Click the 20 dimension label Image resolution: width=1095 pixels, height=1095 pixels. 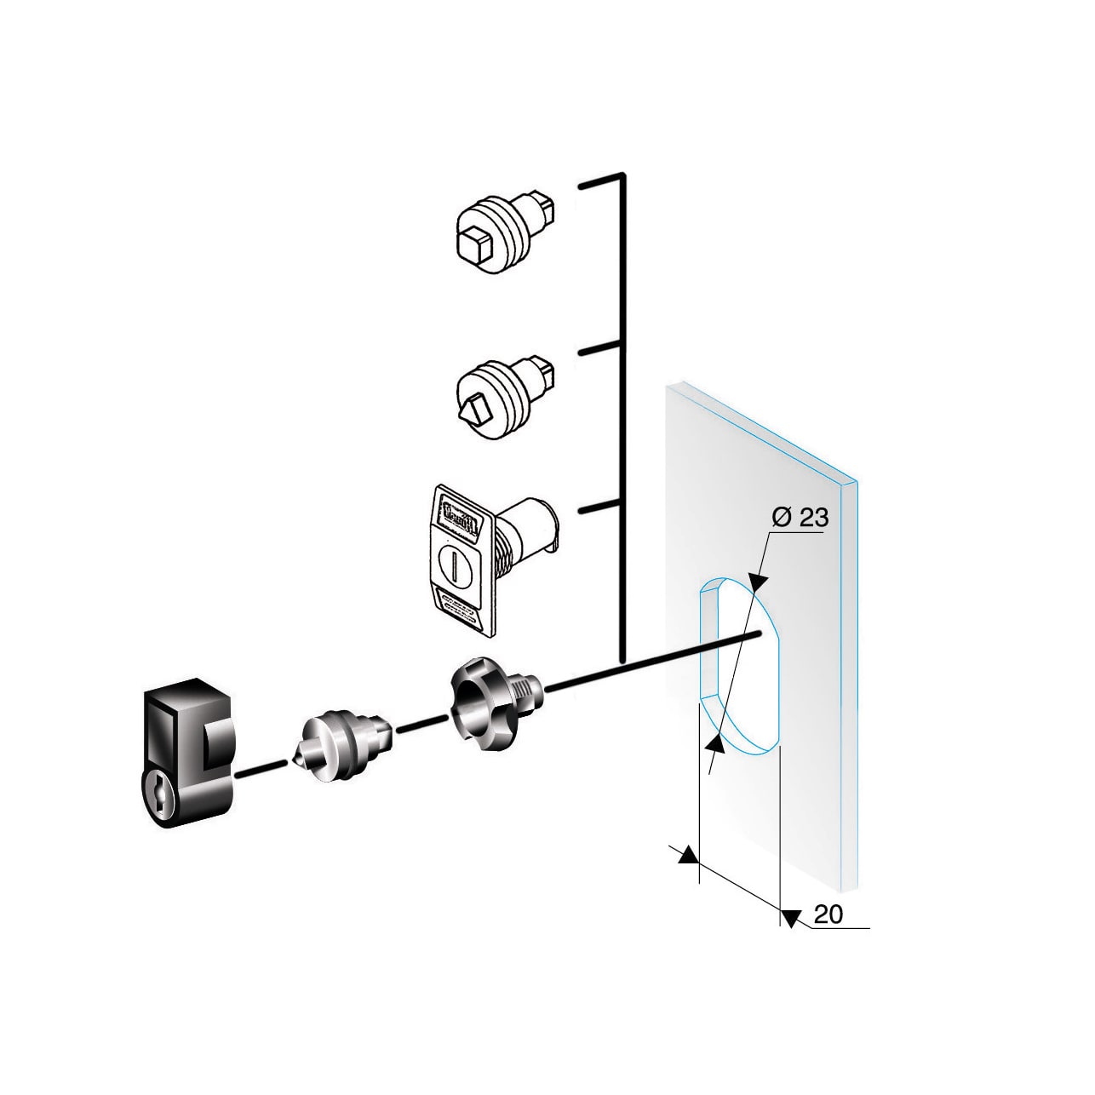pyautogui.click(x=828, y=914)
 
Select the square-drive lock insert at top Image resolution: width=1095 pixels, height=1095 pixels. pyautogui.click(x=503, y=232)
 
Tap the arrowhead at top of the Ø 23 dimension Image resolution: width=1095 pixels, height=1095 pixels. pyautogui.click(x=759, y=582)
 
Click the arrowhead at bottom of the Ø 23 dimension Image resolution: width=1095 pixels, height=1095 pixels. pyautogui.click(x=716, y=746)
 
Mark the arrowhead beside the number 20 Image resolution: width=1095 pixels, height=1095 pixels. pyautogui.click(x=789, y=918)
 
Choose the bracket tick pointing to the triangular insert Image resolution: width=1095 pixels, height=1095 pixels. pyautogui.click(x=601, y=348)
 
